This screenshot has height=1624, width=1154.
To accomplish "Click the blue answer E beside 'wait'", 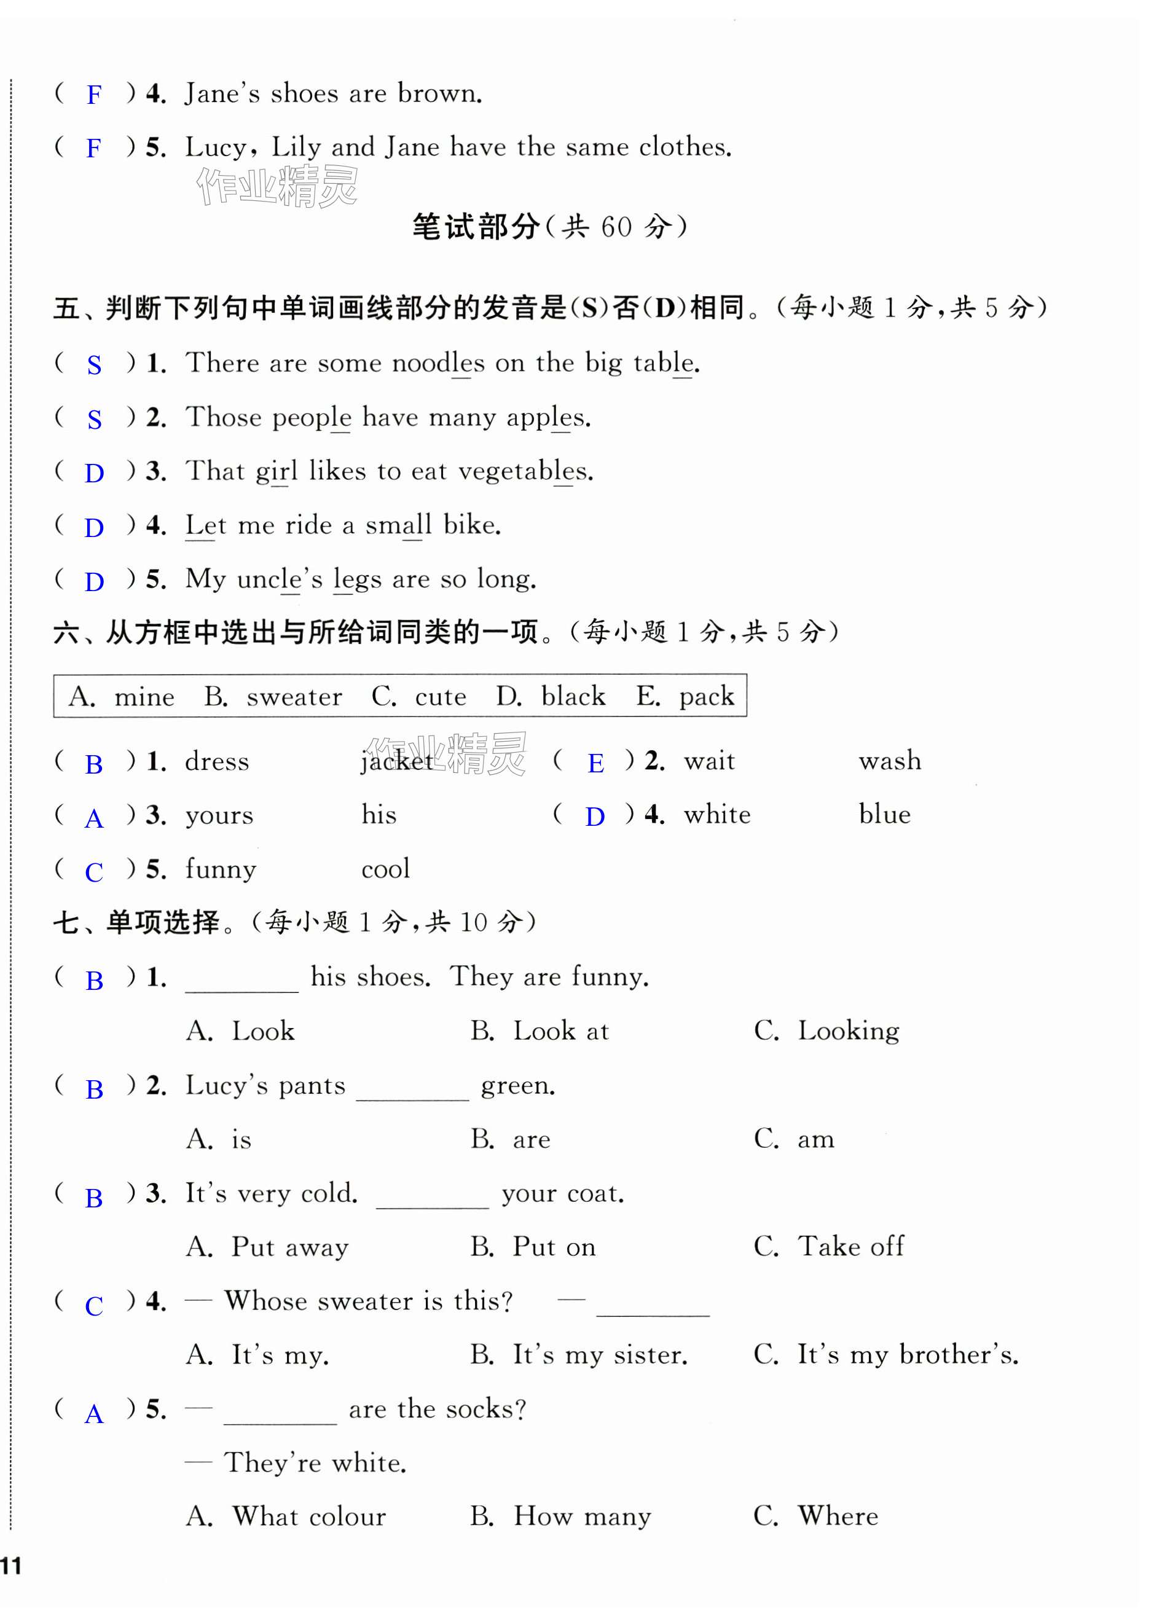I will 595,764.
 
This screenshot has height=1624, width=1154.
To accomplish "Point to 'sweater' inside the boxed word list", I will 294,697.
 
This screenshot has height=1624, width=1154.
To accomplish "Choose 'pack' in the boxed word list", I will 706,697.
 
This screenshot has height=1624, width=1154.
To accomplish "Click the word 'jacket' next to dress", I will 396,761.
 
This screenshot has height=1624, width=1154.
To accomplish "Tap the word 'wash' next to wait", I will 890,761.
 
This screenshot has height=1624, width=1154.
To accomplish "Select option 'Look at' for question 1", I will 560,1032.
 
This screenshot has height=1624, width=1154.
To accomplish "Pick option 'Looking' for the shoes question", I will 849,1032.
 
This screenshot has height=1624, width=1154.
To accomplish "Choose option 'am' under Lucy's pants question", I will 816,1139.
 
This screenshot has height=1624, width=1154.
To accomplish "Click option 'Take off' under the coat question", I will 850,1247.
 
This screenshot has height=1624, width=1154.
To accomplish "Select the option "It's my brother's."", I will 908,1355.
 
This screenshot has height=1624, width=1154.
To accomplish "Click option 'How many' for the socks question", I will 582,1516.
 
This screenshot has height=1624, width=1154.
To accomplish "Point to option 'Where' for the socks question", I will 838,1516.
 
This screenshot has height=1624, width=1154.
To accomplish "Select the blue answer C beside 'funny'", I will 94,873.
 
